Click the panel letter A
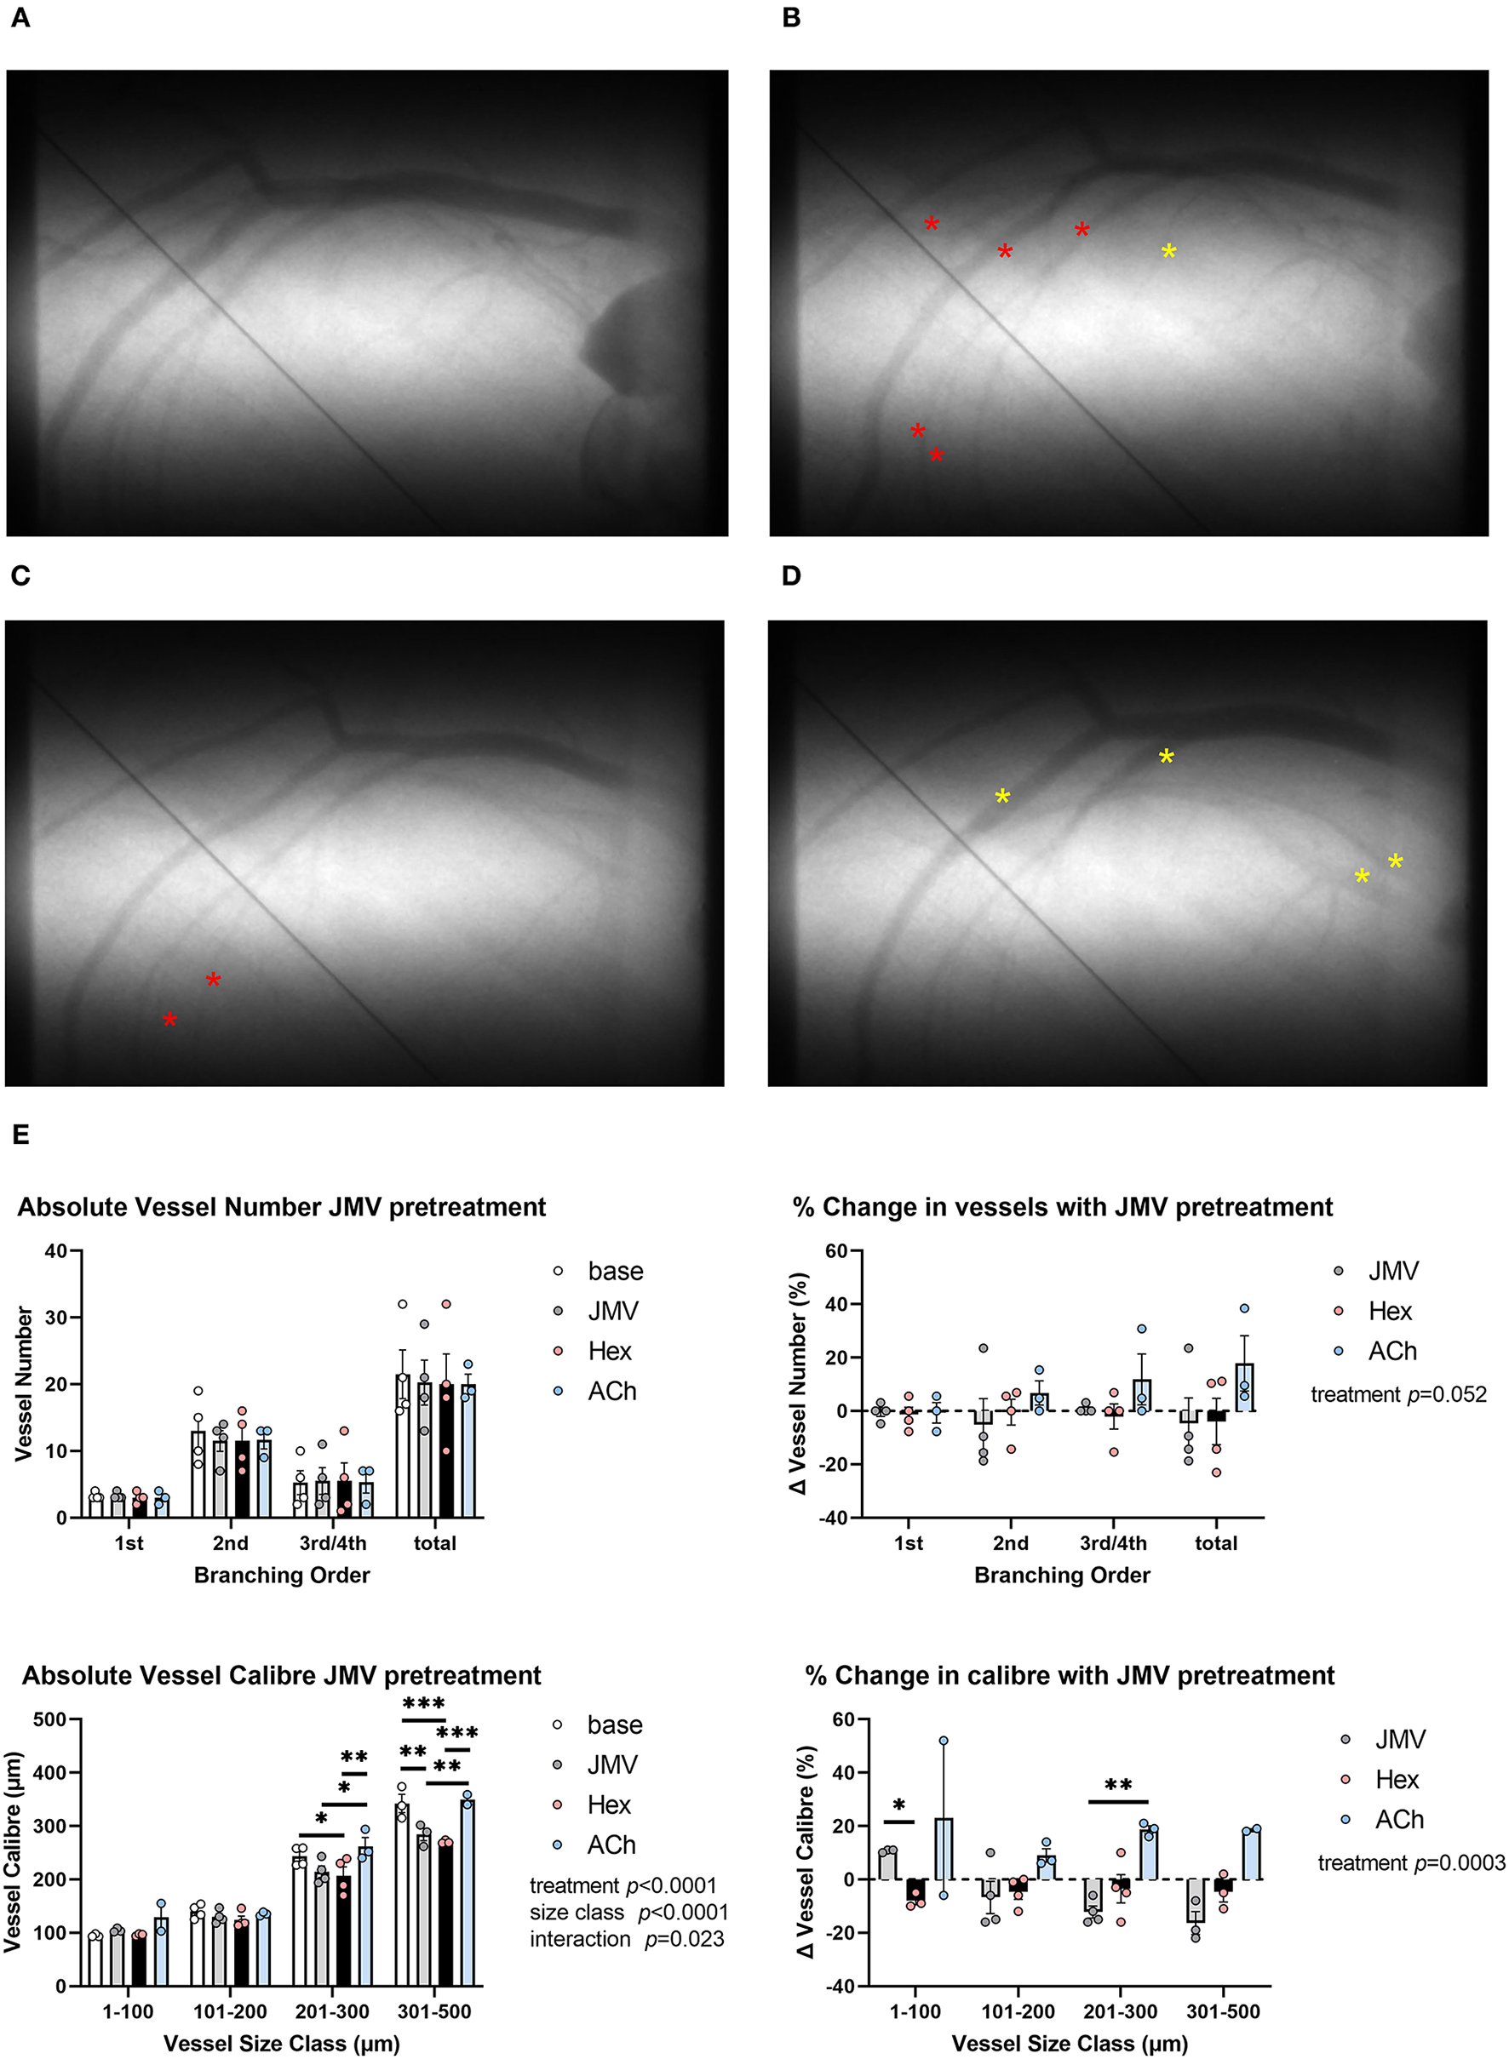click(20, 18)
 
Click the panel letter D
click(791, 575)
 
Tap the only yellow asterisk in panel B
click(1168, 251)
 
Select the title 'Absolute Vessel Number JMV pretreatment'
click(281, 1206)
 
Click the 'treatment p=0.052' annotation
click(1397, 1394)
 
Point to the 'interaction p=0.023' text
click(627, 1938)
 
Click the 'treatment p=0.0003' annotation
click(1410, 1862)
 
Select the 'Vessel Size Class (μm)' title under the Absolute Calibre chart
click(281, 2044)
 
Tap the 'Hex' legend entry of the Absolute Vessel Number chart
click(609, 1351)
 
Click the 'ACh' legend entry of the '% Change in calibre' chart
click(1398, 1819)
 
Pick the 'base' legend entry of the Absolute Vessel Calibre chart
click(614, 1724)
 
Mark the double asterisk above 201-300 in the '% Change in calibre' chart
click(1118, 1786)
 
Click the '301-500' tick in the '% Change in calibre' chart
click(1222, 2011)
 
